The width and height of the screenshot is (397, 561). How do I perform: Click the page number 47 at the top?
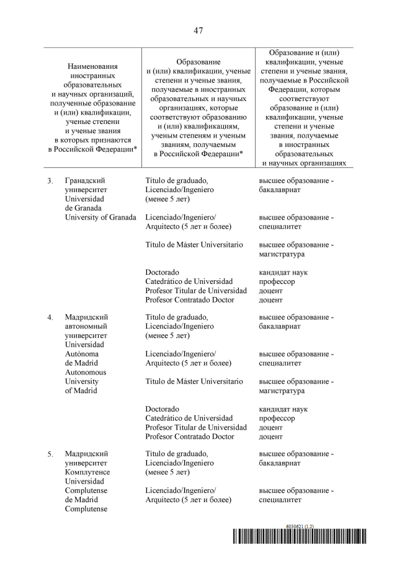pos(198,30)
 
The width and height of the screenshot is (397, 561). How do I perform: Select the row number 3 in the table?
pos(50,180)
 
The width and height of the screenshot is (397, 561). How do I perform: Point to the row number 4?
pos(50,317)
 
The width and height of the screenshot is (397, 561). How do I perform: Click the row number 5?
pos(50,455)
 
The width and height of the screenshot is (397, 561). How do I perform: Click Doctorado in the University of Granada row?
pos(163,272)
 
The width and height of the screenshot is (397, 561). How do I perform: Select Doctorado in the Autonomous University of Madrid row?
pos(163,409)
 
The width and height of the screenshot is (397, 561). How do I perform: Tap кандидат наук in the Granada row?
pos(283,272)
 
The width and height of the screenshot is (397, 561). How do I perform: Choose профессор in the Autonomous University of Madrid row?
pos(277,418)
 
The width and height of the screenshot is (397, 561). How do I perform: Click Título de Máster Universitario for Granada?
pos(194,245)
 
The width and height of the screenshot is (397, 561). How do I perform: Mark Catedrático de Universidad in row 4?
pos(189,418)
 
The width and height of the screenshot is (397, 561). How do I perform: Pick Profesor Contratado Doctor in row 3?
pos(190,299)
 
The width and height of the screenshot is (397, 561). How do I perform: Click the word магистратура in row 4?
pos(281,391)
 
